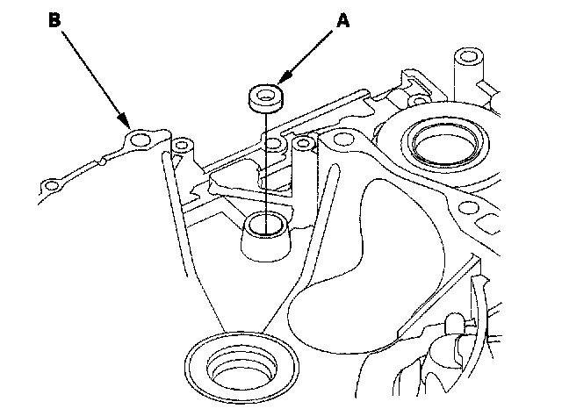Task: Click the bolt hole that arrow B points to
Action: (140, 138)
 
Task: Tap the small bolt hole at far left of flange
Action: (54, 185)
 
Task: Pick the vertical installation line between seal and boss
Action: (263, 162)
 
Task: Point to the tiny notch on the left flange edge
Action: (104, 161)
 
